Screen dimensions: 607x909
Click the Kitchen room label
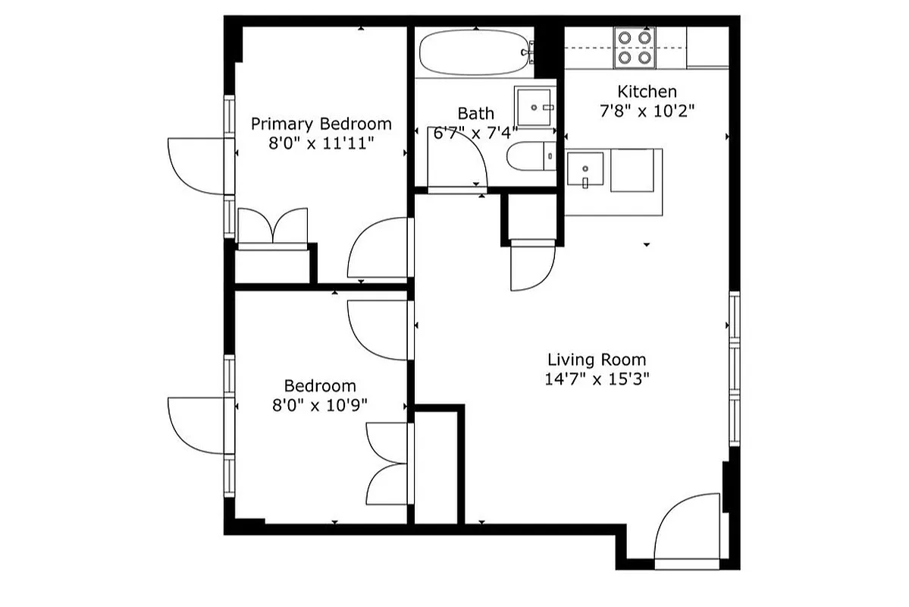click(647, 92)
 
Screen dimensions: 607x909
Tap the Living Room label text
click(597, 360)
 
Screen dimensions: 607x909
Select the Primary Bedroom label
click(321, 124)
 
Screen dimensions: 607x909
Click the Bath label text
click(475, 114)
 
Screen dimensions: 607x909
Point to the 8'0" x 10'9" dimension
click(319, 405)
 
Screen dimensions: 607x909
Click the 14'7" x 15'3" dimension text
click(597, 379)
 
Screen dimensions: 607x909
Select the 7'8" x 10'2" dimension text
click(647, 111)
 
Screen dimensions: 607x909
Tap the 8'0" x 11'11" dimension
click(321, 143)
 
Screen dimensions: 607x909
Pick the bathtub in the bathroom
click(474, 52)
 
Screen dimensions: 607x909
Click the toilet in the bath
click(530, 157)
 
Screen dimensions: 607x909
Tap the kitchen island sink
click(585, 170)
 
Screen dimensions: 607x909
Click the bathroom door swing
click(456, 163)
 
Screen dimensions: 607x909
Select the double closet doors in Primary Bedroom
click(273, 227)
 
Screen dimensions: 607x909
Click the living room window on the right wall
click(734, 369)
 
